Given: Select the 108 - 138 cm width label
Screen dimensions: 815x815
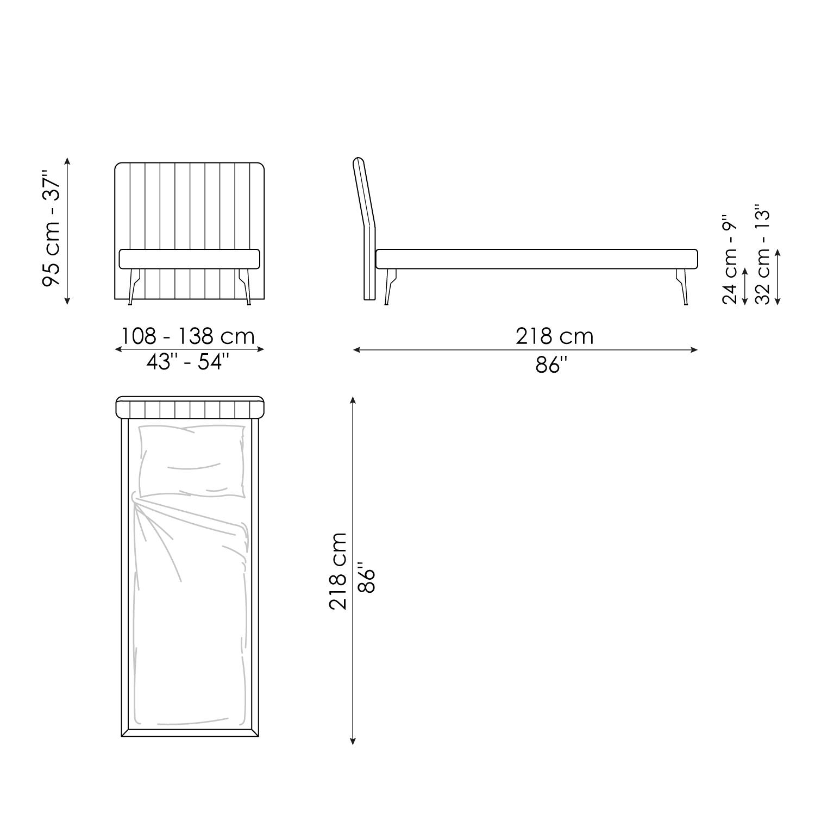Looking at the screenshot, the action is [187, 336].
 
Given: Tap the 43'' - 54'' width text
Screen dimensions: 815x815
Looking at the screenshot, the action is [185, 361].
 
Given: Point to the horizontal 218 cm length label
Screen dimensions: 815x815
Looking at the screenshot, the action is [554, 336].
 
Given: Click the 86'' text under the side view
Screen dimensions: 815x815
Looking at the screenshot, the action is [551, 365].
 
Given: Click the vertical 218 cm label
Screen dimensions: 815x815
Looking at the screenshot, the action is [338, 570].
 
